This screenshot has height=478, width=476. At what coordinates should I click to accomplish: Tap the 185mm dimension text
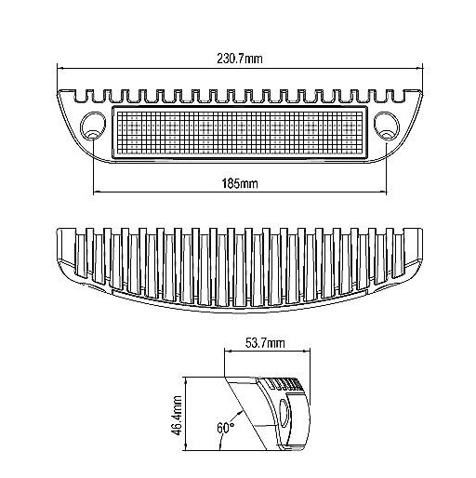tap(238, 183)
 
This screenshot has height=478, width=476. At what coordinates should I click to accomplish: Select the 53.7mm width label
tap(265, 344)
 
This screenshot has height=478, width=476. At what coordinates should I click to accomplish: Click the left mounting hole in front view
tap(93, 126)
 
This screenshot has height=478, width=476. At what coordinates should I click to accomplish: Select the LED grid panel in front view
tap(239, 130)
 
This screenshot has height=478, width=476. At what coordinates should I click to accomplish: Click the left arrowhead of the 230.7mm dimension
tap(59, 68)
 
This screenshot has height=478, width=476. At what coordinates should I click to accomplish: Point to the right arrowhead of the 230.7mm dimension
tap(418, 68)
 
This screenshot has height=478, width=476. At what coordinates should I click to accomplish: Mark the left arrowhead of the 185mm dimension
tap(96, 193)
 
